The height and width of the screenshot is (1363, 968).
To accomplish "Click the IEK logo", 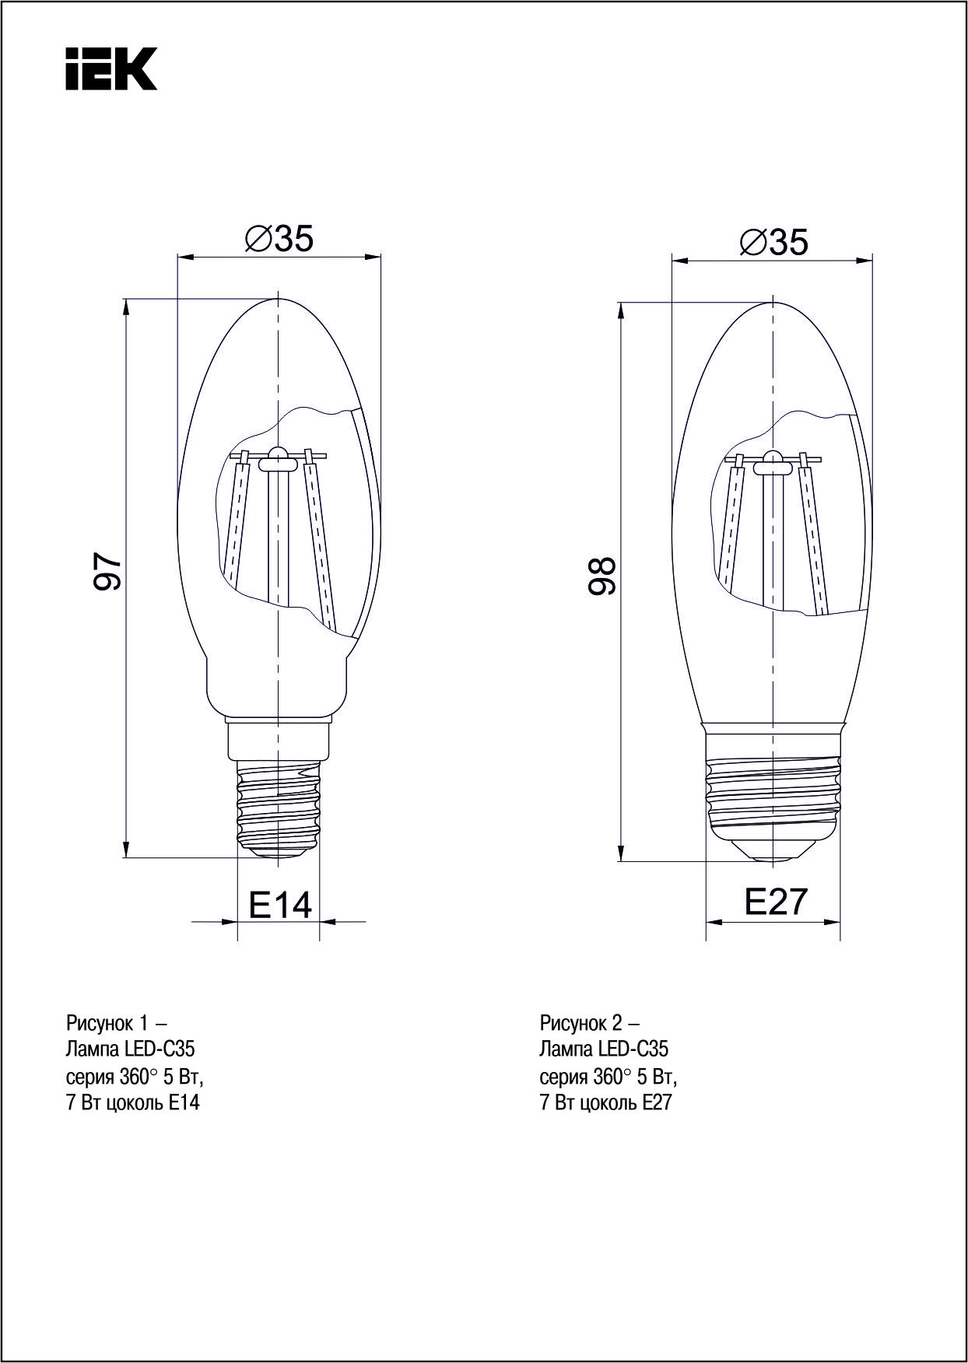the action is click(111, 68).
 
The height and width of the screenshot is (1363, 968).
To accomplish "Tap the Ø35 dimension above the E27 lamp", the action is click(773, 243).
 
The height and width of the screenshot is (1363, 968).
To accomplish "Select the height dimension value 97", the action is click(107, 572).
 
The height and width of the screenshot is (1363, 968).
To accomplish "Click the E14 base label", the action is click(280, 905).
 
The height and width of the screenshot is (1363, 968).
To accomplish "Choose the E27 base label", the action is click(777, 901).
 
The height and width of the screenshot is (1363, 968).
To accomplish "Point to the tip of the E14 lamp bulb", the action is click(279, 299).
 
